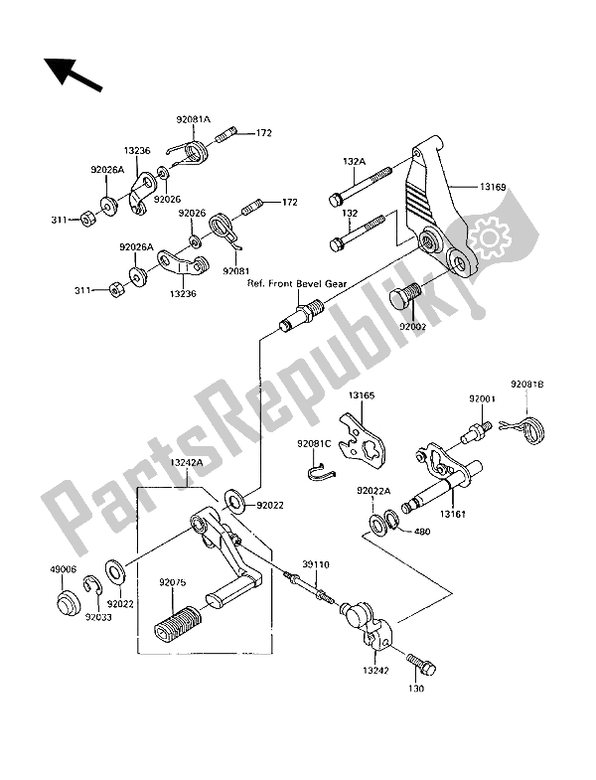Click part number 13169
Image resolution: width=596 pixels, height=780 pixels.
pos(493,187)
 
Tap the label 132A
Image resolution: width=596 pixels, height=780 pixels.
pos(354,161)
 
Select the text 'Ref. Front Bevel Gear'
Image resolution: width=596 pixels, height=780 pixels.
pos(297,284)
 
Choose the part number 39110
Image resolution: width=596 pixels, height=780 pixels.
pos(316,564)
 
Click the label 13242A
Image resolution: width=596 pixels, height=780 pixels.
pos(187,462)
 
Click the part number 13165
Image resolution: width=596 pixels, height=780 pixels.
pos(362,395)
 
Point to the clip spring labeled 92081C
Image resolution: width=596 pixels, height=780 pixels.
pos(320,472)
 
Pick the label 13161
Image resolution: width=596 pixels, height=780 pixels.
pos(452,514)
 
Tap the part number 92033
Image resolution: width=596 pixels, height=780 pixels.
pos(97,617)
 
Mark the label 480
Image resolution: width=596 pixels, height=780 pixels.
pos(422,532)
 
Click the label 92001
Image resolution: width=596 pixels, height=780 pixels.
pos(482,399)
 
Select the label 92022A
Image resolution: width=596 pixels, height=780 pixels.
pos(373,491)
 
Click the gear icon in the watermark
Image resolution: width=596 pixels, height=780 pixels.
pos(490,237)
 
